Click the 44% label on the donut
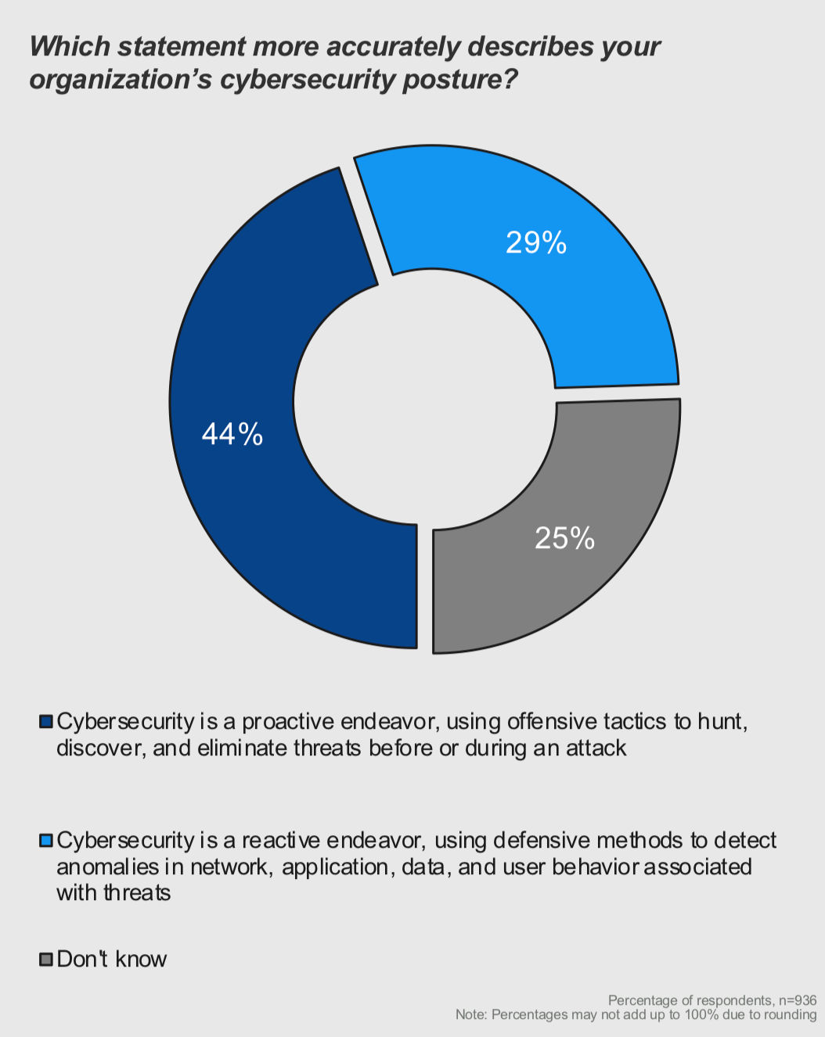click(x=232, y=434)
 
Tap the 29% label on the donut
click(x=536, y=243)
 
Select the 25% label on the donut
click(x=564, y=538)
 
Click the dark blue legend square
click(x=45, y=721)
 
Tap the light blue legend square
click(x=45, y=841)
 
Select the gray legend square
click(x=45, y=960)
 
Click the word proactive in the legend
click(x=286, y=721)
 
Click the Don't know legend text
click(x=112, y=960)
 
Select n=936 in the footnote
click(x=797, y=1000)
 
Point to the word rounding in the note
click(x=791, y=1014)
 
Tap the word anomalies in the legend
click(x=107, y=867)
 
